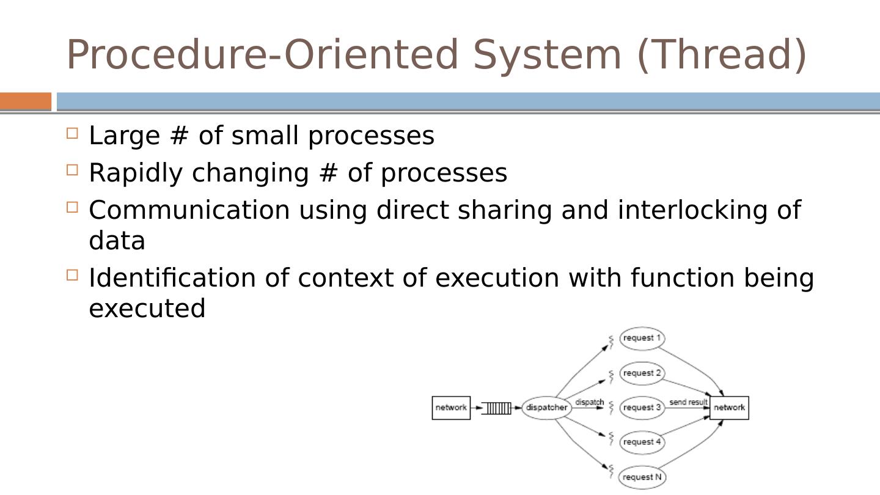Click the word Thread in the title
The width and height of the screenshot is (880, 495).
click(722, 55)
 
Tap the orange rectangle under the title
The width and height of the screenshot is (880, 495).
click(26, 101)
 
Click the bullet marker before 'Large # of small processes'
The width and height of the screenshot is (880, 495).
click(72, 133)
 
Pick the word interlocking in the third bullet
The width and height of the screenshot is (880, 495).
click(692, 210)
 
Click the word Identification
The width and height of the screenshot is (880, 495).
click(172, 277)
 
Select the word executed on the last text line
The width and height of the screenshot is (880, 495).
click(147, 308)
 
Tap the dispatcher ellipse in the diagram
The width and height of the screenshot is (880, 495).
click(546, 408)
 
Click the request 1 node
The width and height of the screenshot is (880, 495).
click(642, 338)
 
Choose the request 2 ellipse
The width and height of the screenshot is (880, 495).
click(642, 373)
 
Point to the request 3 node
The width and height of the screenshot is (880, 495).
click(642, 408)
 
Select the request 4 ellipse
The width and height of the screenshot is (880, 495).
click(642, 442)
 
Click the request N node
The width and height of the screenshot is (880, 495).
click(642, 477)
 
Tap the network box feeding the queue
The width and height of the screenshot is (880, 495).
click(451, 408)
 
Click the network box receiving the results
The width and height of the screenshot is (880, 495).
click(729, 408)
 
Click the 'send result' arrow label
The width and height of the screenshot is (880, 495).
click(688, 402)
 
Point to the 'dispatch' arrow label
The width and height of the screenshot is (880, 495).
click(589, 402)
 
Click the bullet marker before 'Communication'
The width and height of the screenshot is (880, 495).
click(72, 207)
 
